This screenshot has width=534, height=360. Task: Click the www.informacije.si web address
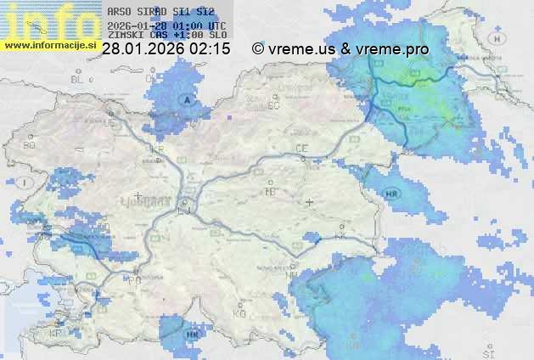pyautogui.click(x=48, y=45)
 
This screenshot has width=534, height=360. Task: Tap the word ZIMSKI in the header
pyautogui.click(x=126, y=36)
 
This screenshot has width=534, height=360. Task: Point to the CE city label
pyautogui.click(x=301, y=149)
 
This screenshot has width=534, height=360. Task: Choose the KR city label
pyautogui.click(x=156, y=149)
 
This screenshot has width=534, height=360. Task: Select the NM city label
pyautogui.click(x=292, y=275)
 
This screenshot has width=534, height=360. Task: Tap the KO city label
pyautogui.click(x=239, y=313)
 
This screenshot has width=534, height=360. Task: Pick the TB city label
pyautogui.click(x=271, y=192)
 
